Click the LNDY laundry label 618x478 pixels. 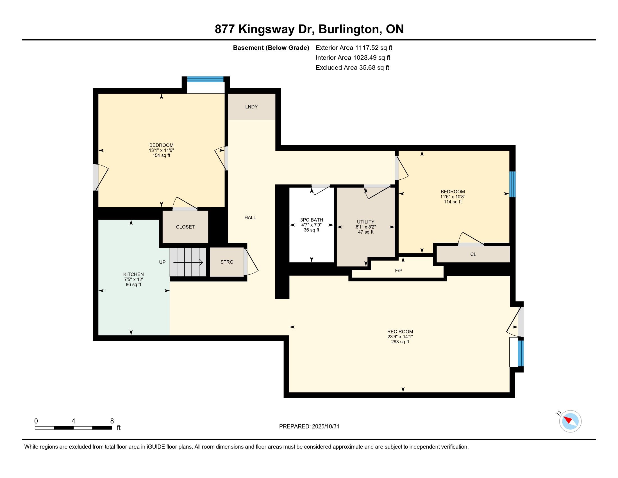(x=251, y=107)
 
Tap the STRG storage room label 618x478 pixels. (x=227, y=262)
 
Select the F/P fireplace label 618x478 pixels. (x=398, y=271)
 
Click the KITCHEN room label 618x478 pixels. (x=133, y=274)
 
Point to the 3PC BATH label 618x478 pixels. (x=311, y=220)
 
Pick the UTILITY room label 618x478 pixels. (x=365, y=222)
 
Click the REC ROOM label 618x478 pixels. (x=400, y=332)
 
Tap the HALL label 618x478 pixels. (x=250, y=217)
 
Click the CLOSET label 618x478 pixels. (x=185, y=227)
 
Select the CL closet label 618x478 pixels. (x=473, y=254)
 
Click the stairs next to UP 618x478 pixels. (x=188, y=262)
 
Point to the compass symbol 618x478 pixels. (x=570, y=421)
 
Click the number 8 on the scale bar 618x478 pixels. (x=112, y=421)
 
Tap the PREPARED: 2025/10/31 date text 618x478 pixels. (x=309, y=426)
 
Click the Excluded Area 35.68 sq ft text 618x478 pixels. (x=352, y=68)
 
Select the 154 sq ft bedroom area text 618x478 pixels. (x=161, y=155)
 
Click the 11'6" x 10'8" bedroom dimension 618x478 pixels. (x=453, y=197)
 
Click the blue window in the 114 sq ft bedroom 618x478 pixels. (x=512, y=184)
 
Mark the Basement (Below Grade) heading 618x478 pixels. (x=271, y=48)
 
